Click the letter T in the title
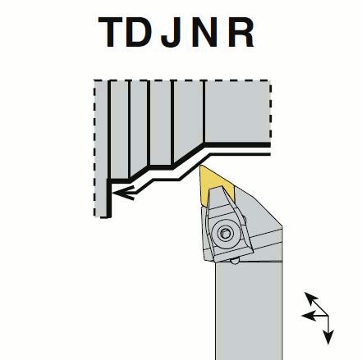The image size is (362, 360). tap(110, 32)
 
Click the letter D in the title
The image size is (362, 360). tap(139, 32)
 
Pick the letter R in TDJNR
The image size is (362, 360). tap(241, 32)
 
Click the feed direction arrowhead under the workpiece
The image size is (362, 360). tap(124, 193)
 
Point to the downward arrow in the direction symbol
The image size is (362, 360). tap(328, 330)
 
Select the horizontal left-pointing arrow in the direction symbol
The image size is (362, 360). tap(314, 316)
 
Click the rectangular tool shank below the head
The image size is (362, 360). tap(249, 311)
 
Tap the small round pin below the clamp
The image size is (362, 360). tap(236, 261)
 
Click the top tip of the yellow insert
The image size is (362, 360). tap(200, 166)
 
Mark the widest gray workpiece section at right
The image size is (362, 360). tap(237, 112)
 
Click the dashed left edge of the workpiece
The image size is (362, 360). tap(94, 148)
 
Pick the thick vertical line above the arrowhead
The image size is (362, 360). tap(109, 198)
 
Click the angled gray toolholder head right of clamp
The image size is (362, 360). tap(263, 224)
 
